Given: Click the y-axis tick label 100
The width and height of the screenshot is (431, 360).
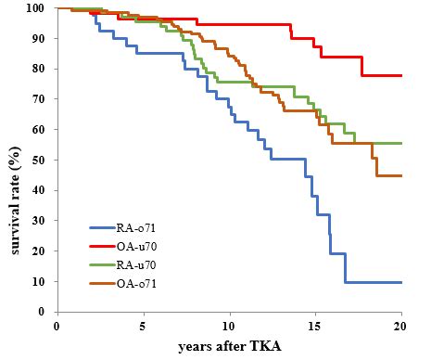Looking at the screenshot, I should [x=38, y=8].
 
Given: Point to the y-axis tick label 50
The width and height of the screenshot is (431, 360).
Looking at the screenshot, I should [x=41, y=160].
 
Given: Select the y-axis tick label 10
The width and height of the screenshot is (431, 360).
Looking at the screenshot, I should [x=41, y=281].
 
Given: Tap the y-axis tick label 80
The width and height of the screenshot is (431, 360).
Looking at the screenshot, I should [x=41, y=69].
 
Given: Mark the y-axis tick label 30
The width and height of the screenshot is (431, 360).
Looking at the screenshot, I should [x=41, y=221].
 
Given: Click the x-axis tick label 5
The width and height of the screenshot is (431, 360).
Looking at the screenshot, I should [x=143, y=326].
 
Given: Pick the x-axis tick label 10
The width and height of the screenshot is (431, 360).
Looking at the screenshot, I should [x=229, y=326].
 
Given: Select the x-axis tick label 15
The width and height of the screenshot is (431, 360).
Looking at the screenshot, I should [x=315, y=326].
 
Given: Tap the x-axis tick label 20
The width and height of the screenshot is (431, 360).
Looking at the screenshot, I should [x=401, y=326].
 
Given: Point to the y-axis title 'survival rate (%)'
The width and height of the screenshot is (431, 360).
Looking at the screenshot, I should [x=14, y=160].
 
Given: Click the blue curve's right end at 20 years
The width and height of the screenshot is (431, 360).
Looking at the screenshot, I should [x=400, y=282].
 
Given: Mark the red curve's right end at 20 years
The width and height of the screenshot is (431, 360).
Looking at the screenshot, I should [x=400, y=75].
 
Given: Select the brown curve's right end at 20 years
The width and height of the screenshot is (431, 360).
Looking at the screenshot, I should [x=400, y=175].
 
